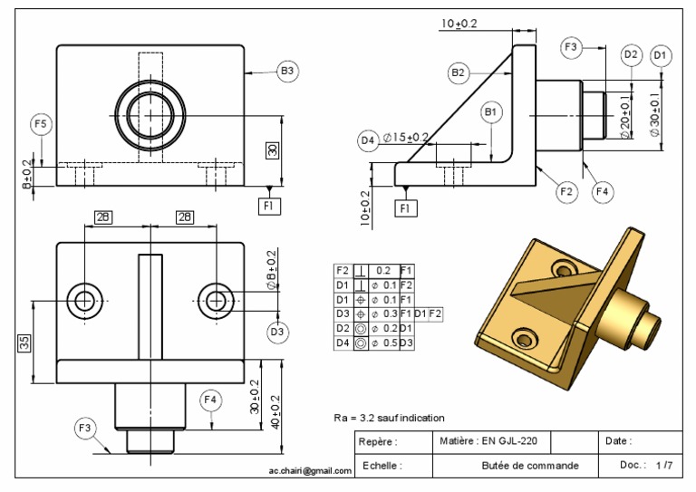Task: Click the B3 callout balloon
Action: click(288, 71)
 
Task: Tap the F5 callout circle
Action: click(42, 123)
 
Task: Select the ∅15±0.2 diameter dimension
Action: click(406, 138)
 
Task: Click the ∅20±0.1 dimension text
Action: click(624, 115)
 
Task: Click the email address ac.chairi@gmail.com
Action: click(309, 470)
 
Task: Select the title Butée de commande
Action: click(530, 466)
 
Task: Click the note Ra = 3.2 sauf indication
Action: click(389, 418)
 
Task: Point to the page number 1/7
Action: click(664, 466)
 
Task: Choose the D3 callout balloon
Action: click(278, 333)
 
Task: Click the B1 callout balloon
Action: click(491, 111)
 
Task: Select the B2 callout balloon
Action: click(459, 72)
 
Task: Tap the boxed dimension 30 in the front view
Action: click(271, 150)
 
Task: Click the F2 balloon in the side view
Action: click(566, 191)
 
